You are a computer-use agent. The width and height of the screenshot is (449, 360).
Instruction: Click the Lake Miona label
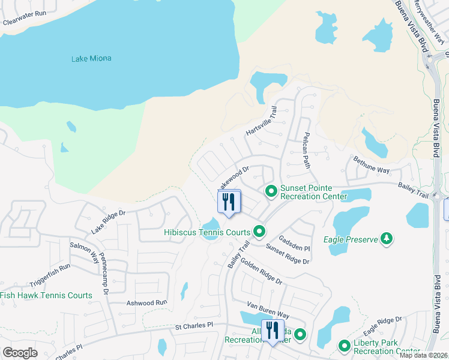(x=92, y=58)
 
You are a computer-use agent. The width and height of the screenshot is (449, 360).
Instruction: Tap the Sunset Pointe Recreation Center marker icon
(x=271, y=191)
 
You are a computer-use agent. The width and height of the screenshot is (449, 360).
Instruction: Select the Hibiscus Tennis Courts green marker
(x=259, y=231)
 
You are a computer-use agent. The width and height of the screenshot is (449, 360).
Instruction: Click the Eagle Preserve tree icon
(x=387, y=239)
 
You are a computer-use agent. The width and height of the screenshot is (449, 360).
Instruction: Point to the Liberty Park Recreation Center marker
(x=345, y=346)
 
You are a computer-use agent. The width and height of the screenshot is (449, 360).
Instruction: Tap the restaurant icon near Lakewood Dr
(x=229, y=202)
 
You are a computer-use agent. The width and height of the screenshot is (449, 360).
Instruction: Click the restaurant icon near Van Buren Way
(x=273, y=331)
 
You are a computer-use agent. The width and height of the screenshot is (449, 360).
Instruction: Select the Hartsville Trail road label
(x=261, y=122)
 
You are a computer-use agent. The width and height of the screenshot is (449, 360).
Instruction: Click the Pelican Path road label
(x=306, y=150)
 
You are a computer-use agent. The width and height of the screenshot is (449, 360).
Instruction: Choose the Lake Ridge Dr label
(x=108, y=221)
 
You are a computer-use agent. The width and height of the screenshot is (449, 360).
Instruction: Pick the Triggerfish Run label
(x=50, y=273)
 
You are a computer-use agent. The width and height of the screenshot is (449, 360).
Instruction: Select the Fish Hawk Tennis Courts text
(x=47, y=295)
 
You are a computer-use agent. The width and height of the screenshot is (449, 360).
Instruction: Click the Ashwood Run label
(x=146, y=304)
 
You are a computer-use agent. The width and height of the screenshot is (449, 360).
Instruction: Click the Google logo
(x=20, y=353)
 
